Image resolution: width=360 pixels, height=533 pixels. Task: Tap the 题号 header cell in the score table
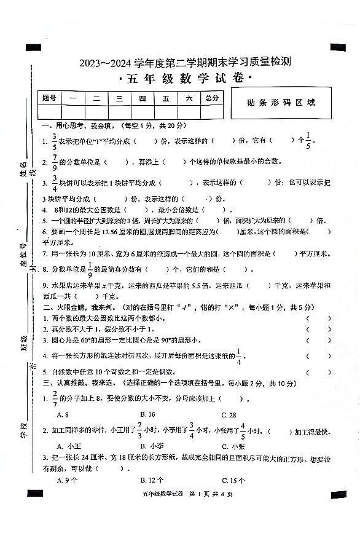[49, 98]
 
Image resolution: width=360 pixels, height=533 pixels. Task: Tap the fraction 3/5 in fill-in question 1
[54, 141]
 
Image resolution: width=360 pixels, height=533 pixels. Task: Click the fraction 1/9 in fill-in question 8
[89, 269]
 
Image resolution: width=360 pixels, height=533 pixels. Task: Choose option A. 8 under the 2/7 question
[62, 414]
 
